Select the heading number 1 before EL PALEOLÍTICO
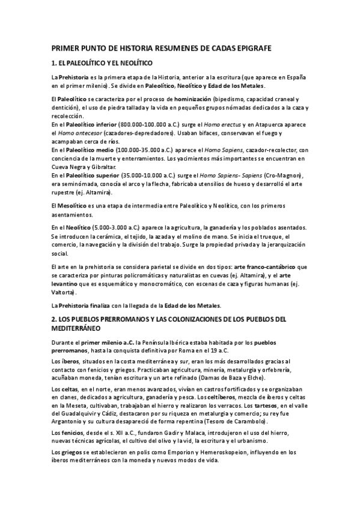[x=54, y=63]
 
